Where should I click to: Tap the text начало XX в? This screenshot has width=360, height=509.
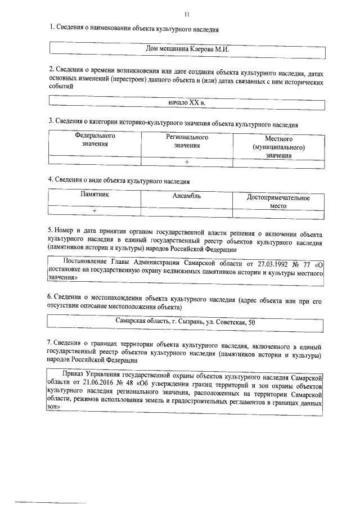point(187,104)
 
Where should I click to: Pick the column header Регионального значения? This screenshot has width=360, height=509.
point(187,141)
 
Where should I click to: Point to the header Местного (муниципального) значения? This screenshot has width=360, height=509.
point(278,147)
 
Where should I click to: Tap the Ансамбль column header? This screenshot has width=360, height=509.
point(187,196)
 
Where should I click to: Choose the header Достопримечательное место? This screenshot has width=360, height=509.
point(278,201)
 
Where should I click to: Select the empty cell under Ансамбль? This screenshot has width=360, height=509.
point(187,211)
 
